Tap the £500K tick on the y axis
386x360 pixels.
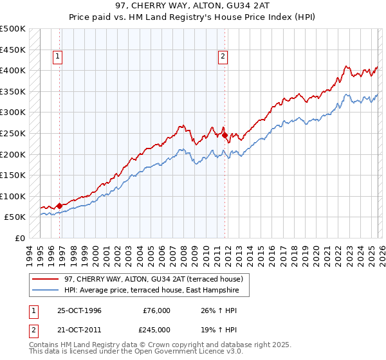[x=13, y=29]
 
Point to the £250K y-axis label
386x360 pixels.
[x=13, y=133]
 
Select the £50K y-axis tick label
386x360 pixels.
[x=15, y=217]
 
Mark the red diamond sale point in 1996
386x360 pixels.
[x=60, y=206]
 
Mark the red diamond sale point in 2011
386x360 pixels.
[x=225, y=135]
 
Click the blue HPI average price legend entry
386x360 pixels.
[x=151, y=291]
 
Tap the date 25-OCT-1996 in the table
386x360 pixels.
[x=79, y=310]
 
